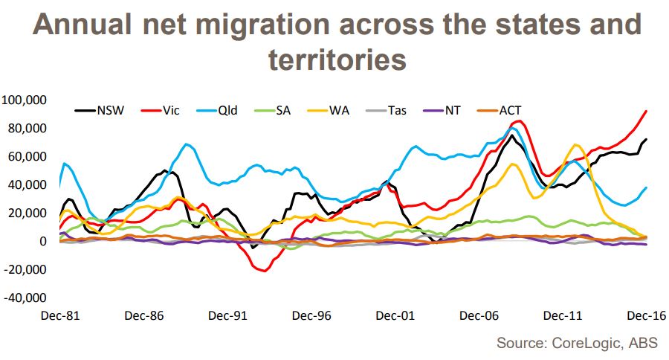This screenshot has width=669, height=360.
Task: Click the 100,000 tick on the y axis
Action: [25, 100]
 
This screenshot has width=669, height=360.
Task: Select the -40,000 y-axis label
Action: [25, 298]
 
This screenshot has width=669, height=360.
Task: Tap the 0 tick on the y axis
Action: [43, 242]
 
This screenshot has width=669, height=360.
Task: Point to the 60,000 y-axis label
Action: [28, 156]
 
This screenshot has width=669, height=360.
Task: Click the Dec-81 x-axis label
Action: [62, 315]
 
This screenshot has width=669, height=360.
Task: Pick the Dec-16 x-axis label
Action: [644, 315]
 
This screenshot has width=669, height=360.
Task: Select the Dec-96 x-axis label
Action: [311, 315]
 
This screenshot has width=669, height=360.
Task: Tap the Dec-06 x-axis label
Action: [478, 315]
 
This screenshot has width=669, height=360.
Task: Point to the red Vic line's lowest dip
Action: [263, 271]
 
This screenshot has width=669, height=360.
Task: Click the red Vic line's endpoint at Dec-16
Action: [646, 111]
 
